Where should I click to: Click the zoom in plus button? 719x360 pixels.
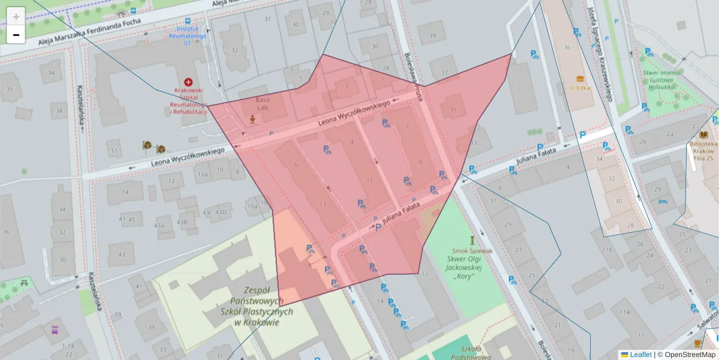pyautogui.click(x=16, y=17)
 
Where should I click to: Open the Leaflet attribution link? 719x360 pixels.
pyautogui.click(x=640, y=355)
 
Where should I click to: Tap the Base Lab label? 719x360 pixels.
pyautogui.click(x=262, y=104)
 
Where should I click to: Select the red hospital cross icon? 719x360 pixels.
pyautogui.click(x=189, y=82)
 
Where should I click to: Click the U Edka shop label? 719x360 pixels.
pyautogui.click(x=580, y=87)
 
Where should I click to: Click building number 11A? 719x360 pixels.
pyautogui.click(x=626, y=313)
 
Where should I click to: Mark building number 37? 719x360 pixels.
pyautogui.click(x=443, y=73)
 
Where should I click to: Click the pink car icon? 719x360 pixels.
pyautogui.click(x=55, y=329)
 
